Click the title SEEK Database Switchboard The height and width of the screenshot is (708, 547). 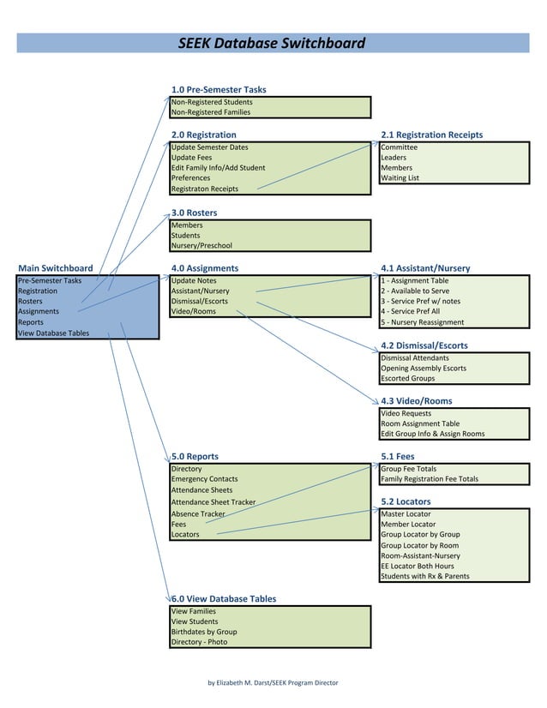[271, 44]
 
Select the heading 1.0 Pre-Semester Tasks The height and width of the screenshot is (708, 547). [219, 89]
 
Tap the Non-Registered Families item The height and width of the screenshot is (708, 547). [211, 112]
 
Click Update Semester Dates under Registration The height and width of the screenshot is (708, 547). [210, 147]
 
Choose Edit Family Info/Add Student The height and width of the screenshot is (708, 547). [218, 168]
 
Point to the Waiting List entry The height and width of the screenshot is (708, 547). [400, 178]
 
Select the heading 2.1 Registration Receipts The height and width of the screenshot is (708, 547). [431, 135]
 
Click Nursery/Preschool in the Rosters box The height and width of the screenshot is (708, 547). [201, 246]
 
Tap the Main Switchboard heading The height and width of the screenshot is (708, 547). [56, 268]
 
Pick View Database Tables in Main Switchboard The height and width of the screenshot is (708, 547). [53, 333]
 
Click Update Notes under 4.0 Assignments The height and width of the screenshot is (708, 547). [194, 281]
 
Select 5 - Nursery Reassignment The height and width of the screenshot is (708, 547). [423, 322]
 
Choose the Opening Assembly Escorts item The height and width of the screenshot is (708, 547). [424, 369]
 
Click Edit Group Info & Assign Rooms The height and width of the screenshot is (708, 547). [433, 434]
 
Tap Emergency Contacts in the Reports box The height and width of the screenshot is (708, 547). [205, 479]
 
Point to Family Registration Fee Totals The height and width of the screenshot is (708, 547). [430, 479]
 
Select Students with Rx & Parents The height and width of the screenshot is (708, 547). [425, 576]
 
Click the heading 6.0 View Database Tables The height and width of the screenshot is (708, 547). [224, 598]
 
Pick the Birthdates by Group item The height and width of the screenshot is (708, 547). [204, 632]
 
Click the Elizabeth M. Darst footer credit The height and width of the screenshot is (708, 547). [273, 682]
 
